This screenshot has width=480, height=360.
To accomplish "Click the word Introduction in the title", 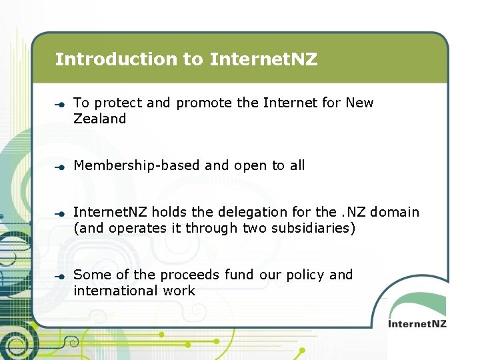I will click(x=117, y=59).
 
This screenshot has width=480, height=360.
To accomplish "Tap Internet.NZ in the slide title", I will click(x=263, y=59).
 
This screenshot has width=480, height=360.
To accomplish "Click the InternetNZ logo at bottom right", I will click(x=417, y=323).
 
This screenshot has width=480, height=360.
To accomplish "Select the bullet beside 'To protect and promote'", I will click(x=59, y=104).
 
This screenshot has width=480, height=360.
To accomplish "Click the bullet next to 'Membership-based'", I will click(x=59, y=167).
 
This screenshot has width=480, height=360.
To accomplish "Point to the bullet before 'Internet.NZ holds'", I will click(x=59, y=213).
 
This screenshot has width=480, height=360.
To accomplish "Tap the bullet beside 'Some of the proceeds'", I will click(x=59, y=276).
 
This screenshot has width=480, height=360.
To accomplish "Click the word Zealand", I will click(x=99, y=119).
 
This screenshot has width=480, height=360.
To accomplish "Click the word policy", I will click(x=306, y=275).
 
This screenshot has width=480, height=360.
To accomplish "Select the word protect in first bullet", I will click(x=119, y=103).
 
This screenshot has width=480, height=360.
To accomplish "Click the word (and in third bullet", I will click(x=87, y=229).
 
